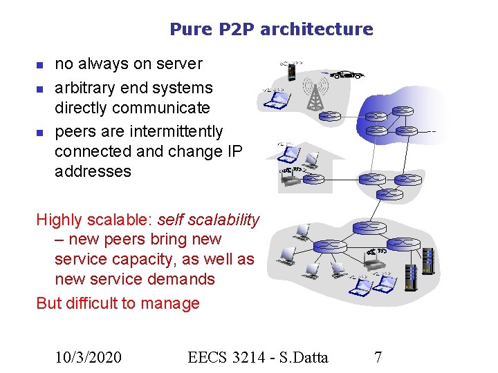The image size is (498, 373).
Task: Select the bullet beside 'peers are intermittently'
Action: click(x=39, y=132)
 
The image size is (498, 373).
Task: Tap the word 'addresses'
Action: click(x=93, y=171)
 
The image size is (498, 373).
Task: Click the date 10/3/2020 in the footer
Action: click(x=89, y=357)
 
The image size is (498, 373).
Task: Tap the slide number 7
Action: click(x=378, y=357)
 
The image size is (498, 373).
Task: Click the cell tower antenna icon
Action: click(x=315, y=94)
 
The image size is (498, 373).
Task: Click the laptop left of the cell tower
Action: click(x=275, y=101)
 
